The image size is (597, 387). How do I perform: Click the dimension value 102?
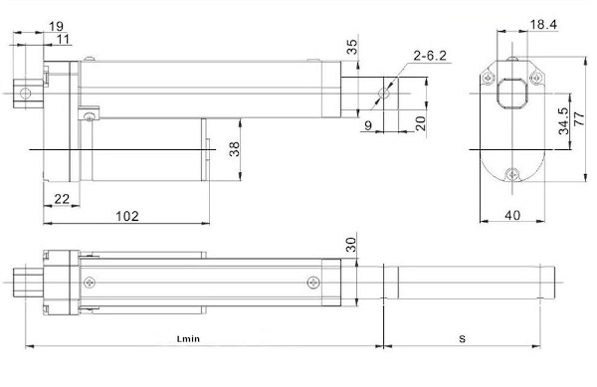click(127, 216)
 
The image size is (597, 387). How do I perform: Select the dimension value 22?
click(62, 199)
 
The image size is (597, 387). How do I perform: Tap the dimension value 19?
click(56, 26)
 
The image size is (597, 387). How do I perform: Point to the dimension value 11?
click(64, 39)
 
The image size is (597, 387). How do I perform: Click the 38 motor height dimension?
click(235, 149)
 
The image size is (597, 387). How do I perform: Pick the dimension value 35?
click(352, 47)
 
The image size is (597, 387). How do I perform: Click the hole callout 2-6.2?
click(430, 56)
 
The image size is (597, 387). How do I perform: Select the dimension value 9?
click(368, 125)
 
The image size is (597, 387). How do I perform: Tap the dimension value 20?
click(420, 123)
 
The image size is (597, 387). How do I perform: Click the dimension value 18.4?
click(543, 25)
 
